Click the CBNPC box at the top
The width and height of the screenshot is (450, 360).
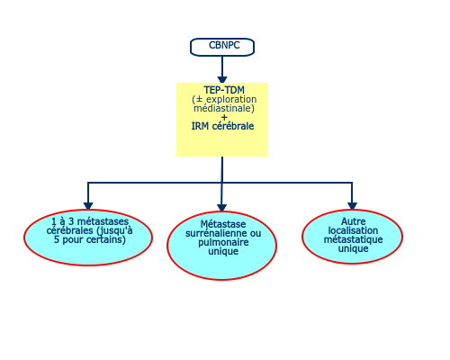pyautogui.click(x=222, y=47)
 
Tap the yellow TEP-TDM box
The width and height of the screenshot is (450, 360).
pyautogui.click(x=222, y=120)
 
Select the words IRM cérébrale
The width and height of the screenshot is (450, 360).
pyautogui.click(x=222, y=126)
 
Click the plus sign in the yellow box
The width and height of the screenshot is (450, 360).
pyautogui.click(x=224, y=117)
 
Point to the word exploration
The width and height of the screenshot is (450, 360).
pyautogui.click(x=231, y=99)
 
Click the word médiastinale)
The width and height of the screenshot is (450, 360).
pyautogui.click(x=224, y=108)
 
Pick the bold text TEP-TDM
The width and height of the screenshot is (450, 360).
pyautogui.click(x=224, y=90)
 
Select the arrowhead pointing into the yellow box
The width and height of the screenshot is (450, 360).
pyautogui.click(x=222, y=79)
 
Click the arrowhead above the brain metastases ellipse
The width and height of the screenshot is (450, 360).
pyautogui.click(x=88, y=206)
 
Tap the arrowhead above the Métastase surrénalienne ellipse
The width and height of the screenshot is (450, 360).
pyautogui.click(x=221, y=208)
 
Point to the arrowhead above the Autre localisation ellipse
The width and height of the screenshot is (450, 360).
pyautogui.click(x=352, y=206)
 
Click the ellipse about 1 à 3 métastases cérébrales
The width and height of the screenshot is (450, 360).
pyautogui.click(x=88, y=238)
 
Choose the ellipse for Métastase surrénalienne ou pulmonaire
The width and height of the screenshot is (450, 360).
pyautogui.click(x=221, y=246)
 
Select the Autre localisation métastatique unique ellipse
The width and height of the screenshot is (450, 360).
pyautogui.click(x=352, y=237)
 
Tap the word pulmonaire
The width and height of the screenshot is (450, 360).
pyautogui.click(x=223, y=242)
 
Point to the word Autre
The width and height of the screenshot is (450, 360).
pyautogui.click(x=354, y=221)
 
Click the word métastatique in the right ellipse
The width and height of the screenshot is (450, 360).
pyautogui.click(x=354, y=239)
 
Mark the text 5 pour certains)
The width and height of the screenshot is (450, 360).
pyautogui.click(x=90, y=239)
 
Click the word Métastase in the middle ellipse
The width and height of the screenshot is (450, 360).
pyautogui.click(x=223, y=224)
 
